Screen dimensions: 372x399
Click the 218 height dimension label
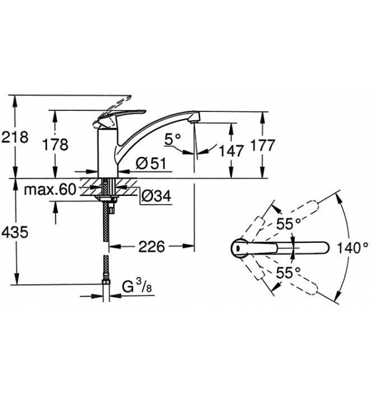click(15, 138)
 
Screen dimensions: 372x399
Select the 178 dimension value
click(55, 145)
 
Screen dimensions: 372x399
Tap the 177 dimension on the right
click(262, 145)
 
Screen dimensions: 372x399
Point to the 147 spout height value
click(232, 151)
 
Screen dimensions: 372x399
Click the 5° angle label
click(173, 139)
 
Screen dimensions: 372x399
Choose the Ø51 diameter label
click(151, 163)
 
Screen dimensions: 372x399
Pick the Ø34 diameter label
click(156, 196)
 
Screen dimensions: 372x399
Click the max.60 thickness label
click(50, 189)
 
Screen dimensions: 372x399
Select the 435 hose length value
click(15, 233)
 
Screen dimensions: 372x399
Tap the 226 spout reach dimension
click(152, 247)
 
